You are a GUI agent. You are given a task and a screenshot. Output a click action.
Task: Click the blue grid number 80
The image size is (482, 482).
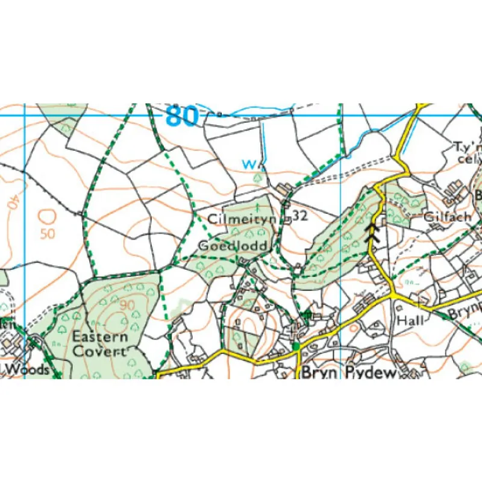[x=181, y=116]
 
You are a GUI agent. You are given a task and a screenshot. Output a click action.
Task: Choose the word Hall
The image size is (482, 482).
[x=409, y=321]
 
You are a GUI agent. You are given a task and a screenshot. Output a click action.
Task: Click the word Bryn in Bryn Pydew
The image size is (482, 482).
[x=316, y=373]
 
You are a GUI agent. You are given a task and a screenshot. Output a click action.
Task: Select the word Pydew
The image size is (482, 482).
[x=371, y=373]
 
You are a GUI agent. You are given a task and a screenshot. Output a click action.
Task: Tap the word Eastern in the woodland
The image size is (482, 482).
[x=100, y=337]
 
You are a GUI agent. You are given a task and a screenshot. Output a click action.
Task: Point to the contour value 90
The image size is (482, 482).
[x=127, y=305]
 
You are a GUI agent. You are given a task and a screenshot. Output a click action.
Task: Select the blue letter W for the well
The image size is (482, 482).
[x=248, y=164]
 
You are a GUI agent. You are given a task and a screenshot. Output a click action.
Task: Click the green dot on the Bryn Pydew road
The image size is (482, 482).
[x=296, y=346]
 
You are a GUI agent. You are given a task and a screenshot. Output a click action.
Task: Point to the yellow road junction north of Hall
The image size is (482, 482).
[x=393, y=295]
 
